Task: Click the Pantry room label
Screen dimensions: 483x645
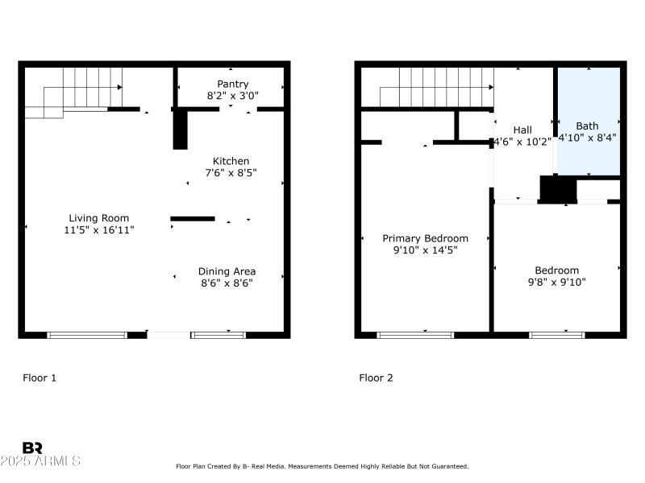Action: pos(232,84)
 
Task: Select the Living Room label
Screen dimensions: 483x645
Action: pos(98,218)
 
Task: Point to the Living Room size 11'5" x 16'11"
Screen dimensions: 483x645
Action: pos(98,230)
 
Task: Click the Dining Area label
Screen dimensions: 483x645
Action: pos(227,271)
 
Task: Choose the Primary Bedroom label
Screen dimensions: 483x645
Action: pos(425,238)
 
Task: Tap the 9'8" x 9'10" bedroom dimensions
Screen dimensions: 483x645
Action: pos(556,283)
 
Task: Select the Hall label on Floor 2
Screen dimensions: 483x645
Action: pos(522,130)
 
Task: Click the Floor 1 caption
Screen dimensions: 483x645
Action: pos(40,378)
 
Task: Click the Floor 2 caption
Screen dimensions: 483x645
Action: pos(376,378)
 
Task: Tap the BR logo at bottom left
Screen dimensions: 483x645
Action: pos(32,448)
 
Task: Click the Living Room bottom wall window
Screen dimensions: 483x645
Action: pos(87,334)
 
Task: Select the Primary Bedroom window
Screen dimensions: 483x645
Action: pos(415,334)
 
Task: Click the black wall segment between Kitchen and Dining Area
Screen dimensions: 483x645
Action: pos(193,218)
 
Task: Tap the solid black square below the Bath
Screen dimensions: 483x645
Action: pos(557,189)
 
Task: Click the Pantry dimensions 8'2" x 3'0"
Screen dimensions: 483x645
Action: pos(232,96)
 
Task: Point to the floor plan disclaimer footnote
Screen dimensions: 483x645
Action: pos(322,466)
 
